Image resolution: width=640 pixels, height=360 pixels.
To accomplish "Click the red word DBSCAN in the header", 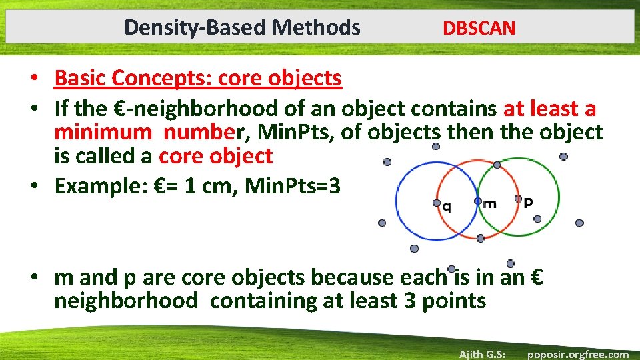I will [x=479, y=28].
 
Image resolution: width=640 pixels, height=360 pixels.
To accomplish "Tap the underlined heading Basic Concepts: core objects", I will [x=198, y=78].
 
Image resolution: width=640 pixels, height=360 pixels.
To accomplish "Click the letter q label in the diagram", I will [x=447, y=207].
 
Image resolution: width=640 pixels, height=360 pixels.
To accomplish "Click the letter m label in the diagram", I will [x=489, y=204].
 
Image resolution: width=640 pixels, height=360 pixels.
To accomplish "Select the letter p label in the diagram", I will [x=528, y=201].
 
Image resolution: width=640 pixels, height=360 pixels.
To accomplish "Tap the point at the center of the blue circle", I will [x=437, y=202].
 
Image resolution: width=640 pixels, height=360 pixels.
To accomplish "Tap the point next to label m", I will [x=478, y=200].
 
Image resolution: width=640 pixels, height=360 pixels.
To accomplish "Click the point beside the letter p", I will [x=518, y=198].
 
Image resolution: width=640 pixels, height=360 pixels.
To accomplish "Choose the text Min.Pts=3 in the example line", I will [x=293, y=187].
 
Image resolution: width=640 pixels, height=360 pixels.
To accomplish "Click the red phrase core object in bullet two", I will [x=215, y=156].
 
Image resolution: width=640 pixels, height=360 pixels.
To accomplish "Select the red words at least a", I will [x=549, y=109].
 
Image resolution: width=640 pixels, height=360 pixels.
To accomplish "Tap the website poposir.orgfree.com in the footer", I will [x=577, y=354].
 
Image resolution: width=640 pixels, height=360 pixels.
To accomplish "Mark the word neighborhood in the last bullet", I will [x=126, y=301].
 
